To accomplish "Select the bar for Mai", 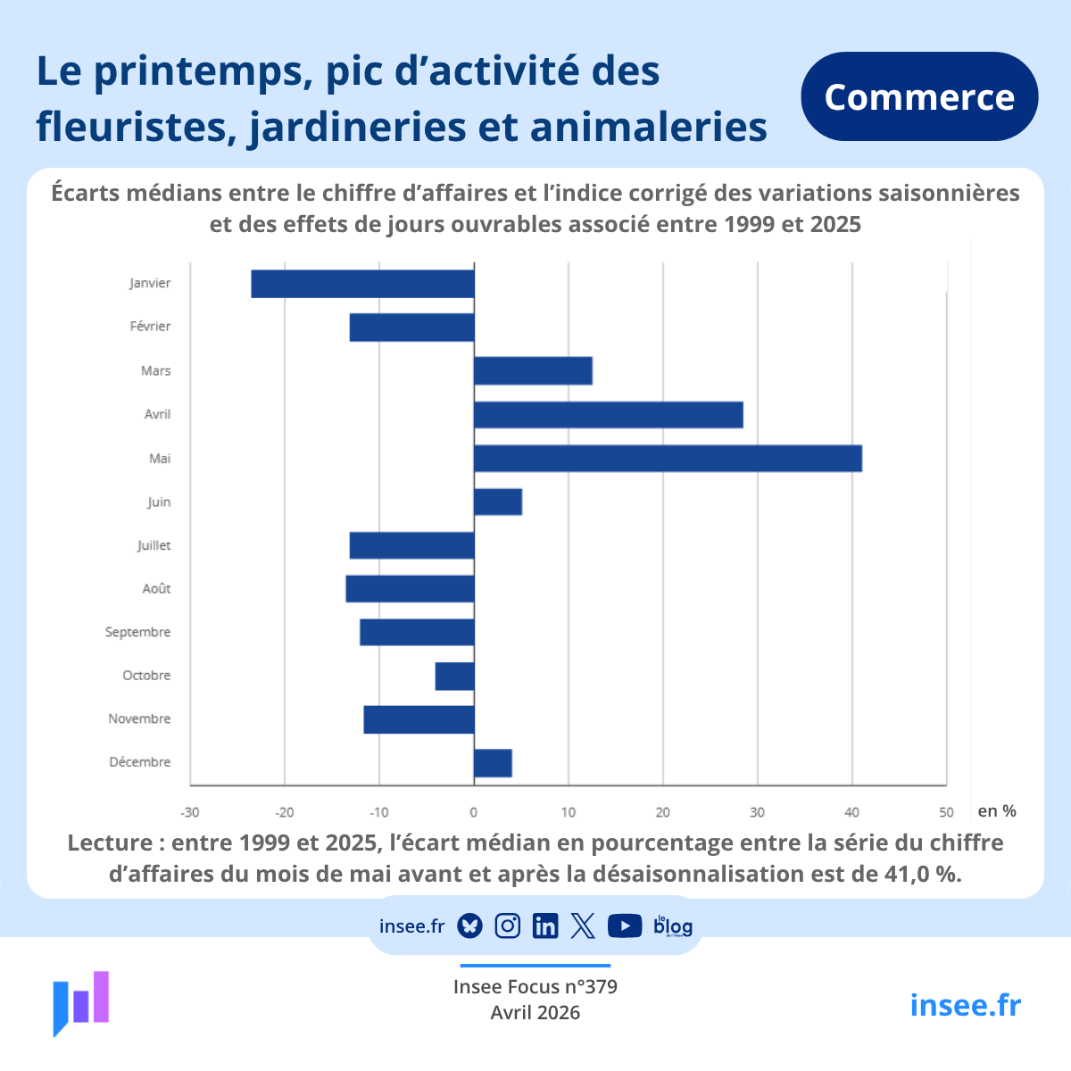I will [x=668, y=459].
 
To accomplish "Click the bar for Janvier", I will [x=362, y=284].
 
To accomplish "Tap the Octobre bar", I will [x=454, y=677].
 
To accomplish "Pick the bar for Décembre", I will [x=493, y=763].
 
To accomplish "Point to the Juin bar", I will [x=498, y=502].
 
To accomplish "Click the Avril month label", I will [x=158, y=414].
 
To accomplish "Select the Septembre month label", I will [x=137, y=632].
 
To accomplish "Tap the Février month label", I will [x=150, y=327].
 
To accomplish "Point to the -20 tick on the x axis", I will [x=285, y=812].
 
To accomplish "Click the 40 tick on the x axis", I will [x=851, y=812].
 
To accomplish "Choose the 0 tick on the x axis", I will [x=474, y=812].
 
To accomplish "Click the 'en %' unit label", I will [x=997, y=811].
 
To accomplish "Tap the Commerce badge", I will [x=919, y=96].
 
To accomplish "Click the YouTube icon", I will [x=625, y=926].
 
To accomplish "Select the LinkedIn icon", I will [x=545, y=926].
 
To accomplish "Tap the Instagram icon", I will [x=508, y=926].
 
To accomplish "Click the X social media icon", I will [x=583, y=926].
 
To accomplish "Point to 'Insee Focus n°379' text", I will [x=535, y=987].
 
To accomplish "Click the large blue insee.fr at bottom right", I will [x=965, y=1005].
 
